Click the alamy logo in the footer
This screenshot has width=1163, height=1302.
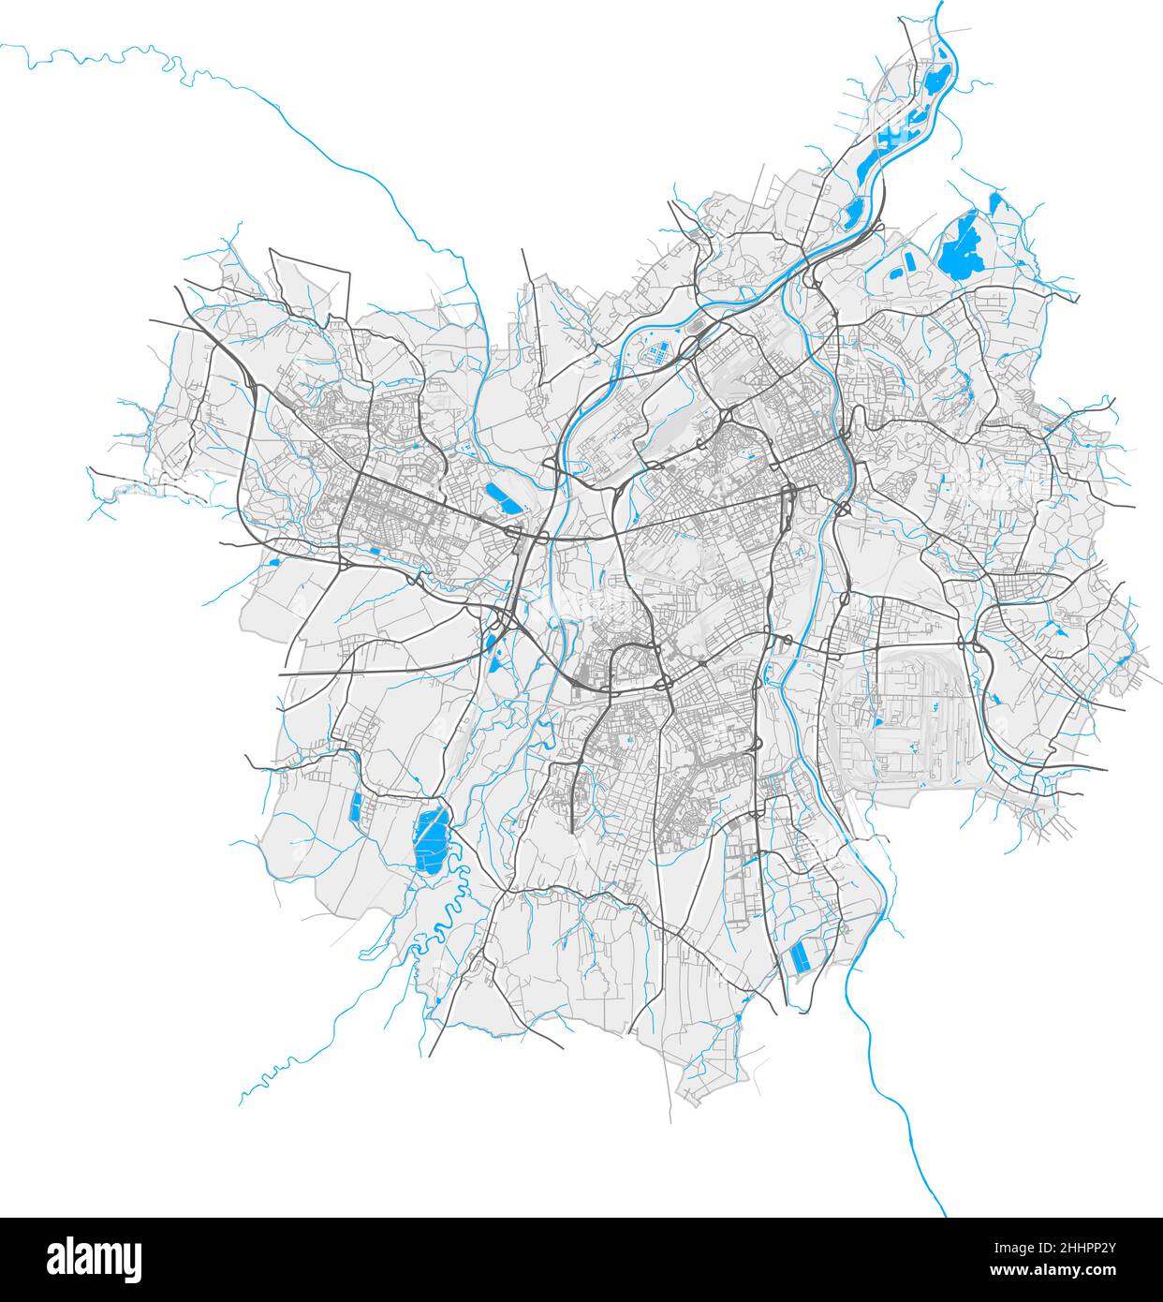(x=95, y=1258)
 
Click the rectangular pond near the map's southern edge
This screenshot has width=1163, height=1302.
(x=802, y=956)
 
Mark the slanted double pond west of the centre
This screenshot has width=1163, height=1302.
(x=501, y=496)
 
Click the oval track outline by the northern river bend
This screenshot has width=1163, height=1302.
(x=698, y=329)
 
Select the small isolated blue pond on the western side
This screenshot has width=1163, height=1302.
(x=274, y=562)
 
